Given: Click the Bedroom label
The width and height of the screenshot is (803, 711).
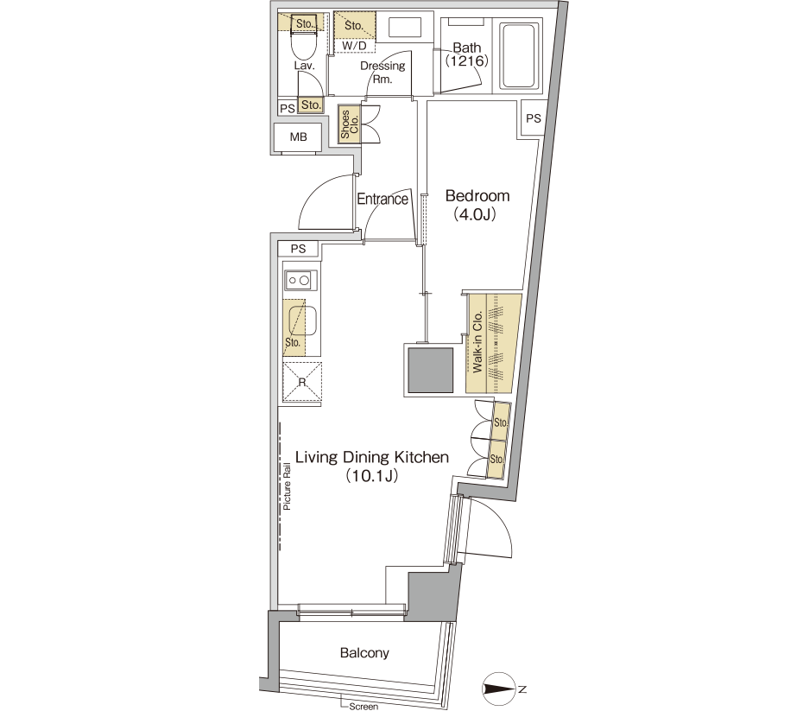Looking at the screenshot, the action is [477, 196].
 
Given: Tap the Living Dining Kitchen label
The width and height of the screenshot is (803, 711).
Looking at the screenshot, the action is [372, 457].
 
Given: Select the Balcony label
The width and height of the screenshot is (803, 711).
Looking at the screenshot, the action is [364, 652].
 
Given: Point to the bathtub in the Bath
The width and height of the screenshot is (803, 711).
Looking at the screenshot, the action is [520, 55].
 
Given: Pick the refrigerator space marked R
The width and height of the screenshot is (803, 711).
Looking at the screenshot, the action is [302, 382].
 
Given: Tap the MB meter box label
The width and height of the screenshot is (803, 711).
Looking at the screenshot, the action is [299, 136].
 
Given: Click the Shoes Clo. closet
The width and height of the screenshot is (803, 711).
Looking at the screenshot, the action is [350, 124].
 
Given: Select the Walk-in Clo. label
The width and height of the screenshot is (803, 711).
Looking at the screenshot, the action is [477, 341].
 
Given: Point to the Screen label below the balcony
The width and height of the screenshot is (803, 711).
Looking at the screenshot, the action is [364, 707].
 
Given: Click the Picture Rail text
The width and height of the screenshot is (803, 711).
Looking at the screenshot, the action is [287, 486].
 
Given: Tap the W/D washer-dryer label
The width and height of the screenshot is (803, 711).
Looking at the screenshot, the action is [354, 46].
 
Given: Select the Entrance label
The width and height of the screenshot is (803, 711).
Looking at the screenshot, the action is [383, 199].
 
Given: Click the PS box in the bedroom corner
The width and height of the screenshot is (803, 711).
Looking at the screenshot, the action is [533, 118].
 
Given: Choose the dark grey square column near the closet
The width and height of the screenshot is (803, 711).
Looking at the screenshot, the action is [431, 371].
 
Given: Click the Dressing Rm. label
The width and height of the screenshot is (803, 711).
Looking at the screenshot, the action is [383, 73].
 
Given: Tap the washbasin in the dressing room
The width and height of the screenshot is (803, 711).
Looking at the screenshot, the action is [405, 28].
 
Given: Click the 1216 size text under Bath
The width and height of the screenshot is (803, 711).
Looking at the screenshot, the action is [466, 61].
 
